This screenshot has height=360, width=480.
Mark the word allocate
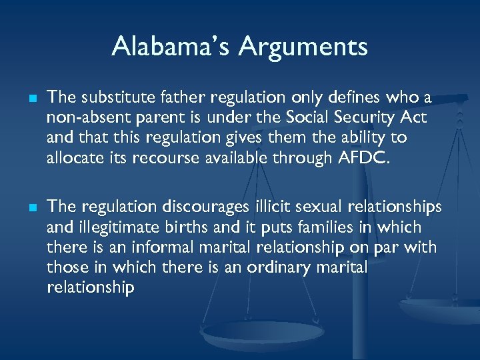(x=72, y=159)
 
